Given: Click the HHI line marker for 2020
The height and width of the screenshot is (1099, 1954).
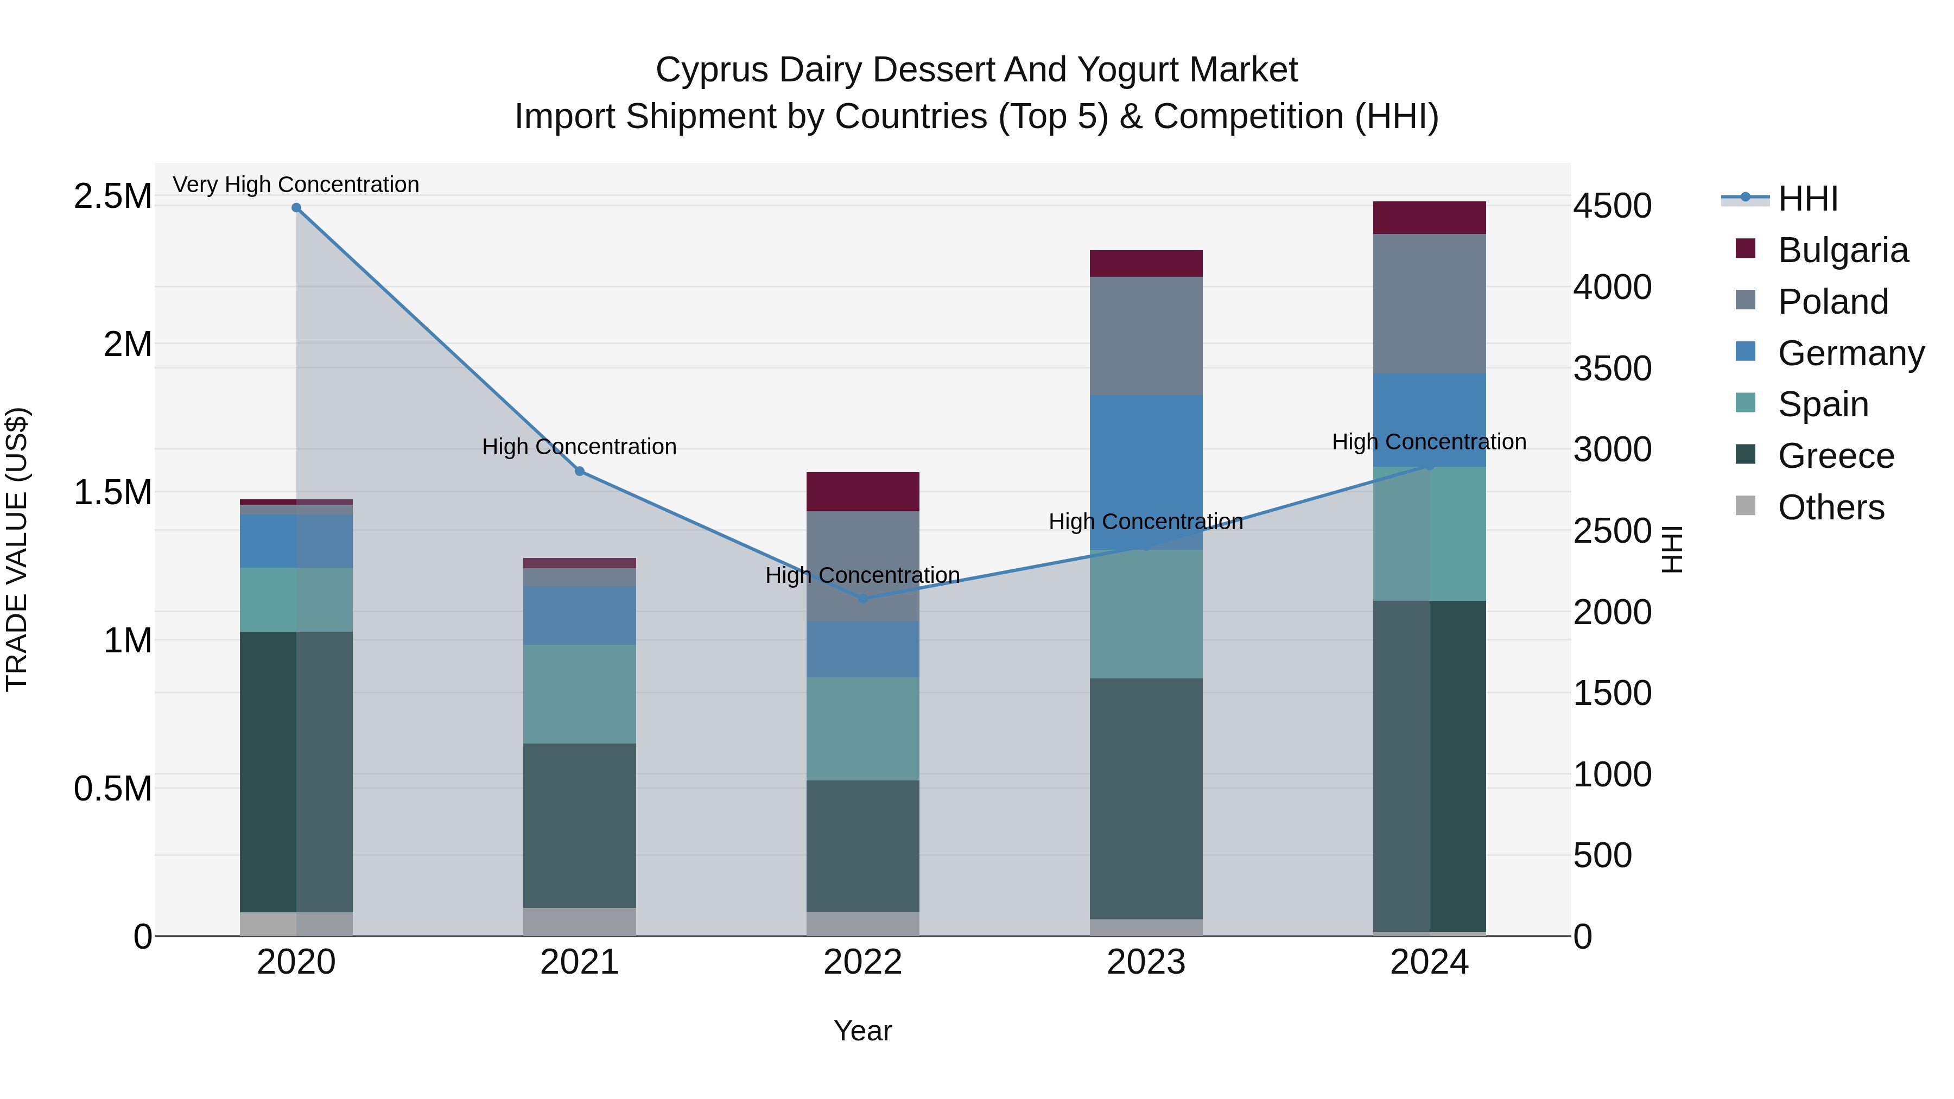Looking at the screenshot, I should [x=296, y=208].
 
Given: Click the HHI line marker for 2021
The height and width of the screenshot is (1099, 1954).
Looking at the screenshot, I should [x=580, y=471].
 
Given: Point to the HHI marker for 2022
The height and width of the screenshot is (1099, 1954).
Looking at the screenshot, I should [x=862, y=599].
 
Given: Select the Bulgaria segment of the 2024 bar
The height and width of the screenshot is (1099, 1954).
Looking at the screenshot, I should [x=1429, y=218].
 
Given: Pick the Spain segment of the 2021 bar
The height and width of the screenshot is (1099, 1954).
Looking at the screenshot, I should [x=580, y=694].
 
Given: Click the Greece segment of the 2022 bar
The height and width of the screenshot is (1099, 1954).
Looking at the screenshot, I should [x=862, y=846].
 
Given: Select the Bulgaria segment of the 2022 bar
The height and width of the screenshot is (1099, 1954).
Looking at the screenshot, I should [x=862, y=492].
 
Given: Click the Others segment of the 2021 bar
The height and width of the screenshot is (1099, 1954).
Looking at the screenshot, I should [x=580, y=922].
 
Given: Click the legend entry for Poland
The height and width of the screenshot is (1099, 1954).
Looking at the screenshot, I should [x=1832, y=302].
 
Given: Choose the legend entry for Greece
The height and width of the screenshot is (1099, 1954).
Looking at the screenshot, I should [x=1835, y=456].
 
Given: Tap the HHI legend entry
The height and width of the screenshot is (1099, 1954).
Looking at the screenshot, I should [x=1807, y=199].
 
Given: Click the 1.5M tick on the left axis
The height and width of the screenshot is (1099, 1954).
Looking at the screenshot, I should [x=112, y=492].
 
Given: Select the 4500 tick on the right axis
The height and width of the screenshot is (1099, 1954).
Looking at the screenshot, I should [x=1612, y=206].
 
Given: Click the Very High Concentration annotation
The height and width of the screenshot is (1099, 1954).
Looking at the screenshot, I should [x=296, y=185].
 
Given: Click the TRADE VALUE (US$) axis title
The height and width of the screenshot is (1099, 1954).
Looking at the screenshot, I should [x=17, y=549].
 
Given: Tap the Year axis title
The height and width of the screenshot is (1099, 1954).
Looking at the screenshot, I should [x=862, y=1031].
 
